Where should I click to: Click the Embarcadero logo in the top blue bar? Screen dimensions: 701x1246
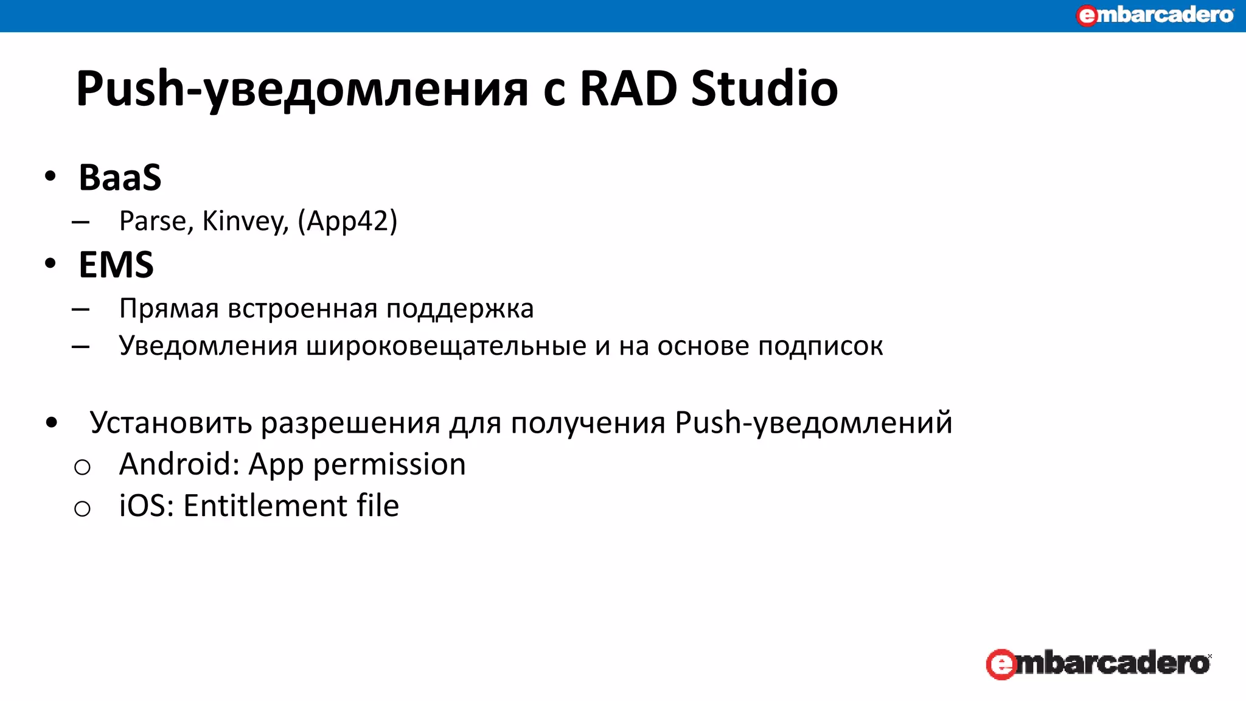[1154, 15]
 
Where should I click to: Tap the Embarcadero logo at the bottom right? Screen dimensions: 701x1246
[1098, 663]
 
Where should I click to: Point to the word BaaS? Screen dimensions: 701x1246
[120, 178]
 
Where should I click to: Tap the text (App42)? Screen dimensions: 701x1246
[347, 221]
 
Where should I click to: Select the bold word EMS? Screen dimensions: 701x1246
[116, 265]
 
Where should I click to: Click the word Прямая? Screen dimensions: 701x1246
[169, 309]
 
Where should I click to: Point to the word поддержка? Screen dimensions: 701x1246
[460, 309]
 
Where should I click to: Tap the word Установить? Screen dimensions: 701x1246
[170, 422]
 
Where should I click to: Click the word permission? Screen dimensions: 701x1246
[389, 464]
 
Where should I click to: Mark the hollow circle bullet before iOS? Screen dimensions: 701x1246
[82, 508]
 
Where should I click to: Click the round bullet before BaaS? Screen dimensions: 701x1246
[50, 176]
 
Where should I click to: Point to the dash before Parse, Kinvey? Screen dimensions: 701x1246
[80, 222]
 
